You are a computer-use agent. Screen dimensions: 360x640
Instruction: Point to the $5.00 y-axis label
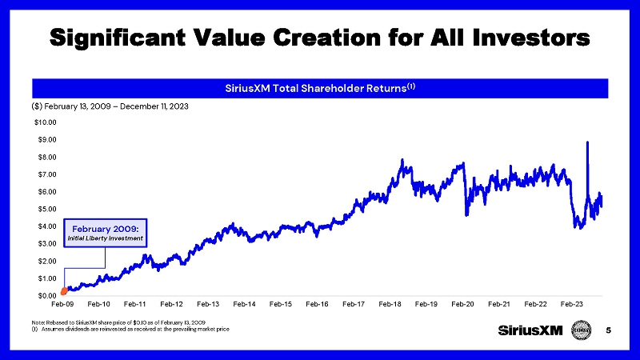[45, 209]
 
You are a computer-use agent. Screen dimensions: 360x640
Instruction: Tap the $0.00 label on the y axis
[45, 296]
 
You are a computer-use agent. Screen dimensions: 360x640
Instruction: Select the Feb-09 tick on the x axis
[62, 305]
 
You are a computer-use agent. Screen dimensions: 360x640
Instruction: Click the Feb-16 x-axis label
[318, 305]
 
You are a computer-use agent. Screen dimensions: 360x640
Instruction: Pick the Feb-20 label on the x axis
[463, 305]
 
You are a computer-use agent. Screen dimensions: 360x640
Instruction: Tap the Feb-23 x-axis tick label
[572, 305]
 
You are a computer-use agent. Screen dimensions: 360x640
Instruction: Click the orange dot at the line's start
[63, 291]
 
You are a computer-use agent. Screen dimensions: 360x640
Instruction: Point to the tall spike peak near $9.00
[588, 142]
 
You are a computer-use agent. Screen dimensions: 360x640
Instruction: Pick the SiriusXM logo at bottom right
[530, 330]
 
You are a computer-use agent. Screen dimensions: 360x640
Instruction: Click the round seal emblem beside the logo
[582, 330]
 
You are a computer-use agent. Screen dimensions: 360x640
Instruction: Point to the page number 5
[609, 330]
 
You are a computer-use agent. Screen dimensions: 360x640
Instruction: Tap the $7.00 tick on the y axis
[45, 174]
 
